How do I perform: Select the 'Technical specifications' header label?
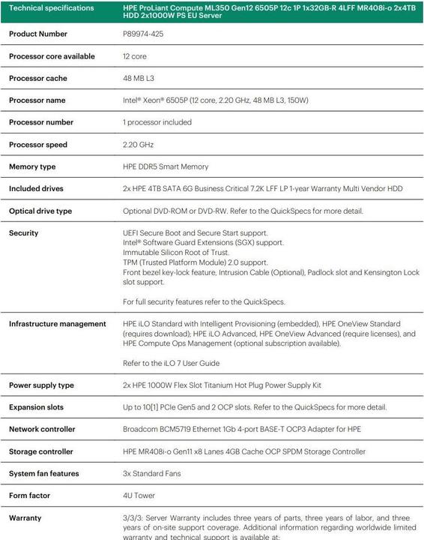pos(52,7)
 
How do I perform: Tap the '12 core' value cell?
pos(135,56)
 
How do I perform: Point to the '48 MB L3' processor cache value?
pos(139,78)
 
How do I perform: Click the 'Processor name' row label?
pos(37,100)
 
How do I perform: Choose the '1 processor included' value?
pos(157,122)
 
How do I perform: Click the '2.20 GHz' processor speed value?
pos(137,145)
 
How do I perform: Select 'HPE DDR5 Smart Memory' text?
pos(165,166)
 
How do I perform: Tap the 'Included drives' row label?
pos(36,189)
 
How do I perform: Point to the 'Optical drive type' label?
pos(40,211)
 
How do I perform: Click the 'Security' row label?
pos(23,233)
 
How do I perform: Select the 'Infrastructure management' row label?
pos(57,324)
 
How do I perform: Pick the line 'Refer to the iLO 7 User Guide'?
pos(171,363)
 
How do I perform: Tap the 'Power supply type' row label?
pos(41,385)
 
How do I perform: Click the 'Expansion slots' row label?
pos(36,407)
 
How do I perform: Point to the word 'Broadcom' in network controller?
pos(140,430)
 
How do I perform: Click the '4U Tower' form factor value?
pos(139,496)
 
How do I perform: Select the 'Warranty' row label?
pos(25,518)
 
